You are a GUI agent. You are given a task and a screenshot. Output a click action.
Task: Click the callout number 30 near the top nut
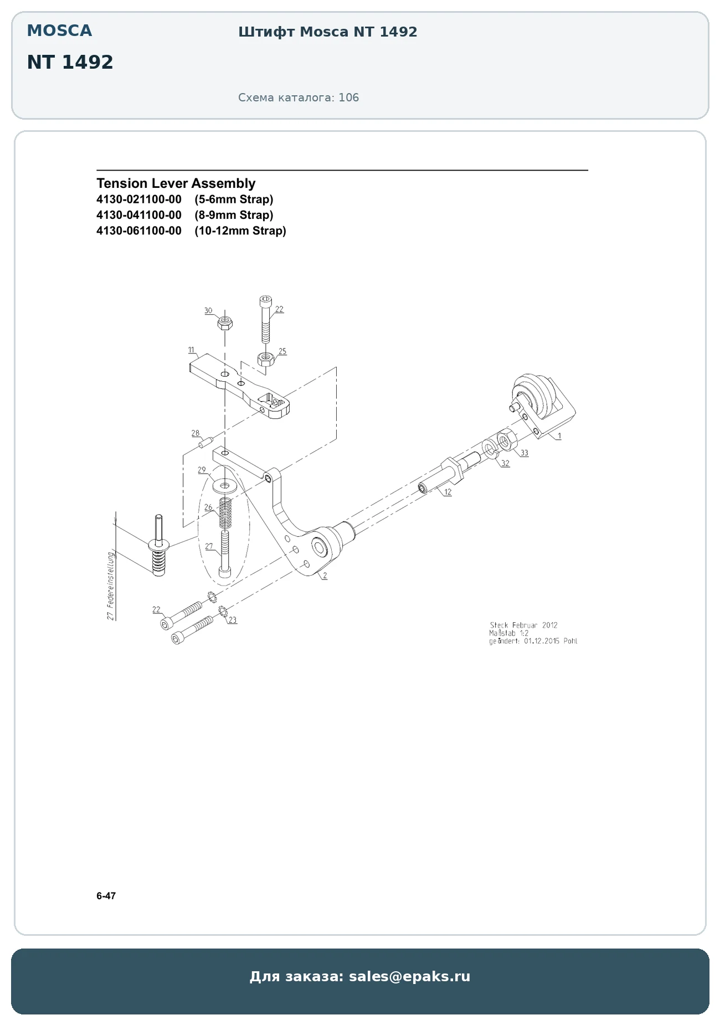pyautogui.click(x=208, y=311)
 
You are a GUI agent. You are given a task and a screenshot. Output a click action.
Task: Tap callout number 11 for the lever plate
pyautogui.click(x=191, y=350)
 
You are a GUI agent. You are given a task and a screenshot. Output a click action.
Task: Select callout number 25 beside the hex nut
pyautogui.click(x=282, y=351)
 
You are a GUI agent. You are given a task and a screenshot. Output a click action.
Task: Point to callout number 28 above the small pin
pyautogui.click(x=196, y=433)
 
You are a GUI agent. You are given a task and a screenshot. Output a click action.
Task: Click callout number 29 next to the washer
pyautogui.click(x=202, y=470)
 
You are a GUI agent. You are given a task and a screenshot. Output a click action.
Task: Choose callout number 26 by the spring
pyautogui.click(x=208, y=507)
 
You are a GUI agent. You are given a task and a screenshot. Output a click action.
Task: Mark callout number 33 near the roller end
pyautogui.click(x=524, y=453)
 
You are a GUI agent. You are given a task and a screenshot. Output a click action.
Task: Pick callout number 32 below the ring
pyautogui.click(x=505, y=463)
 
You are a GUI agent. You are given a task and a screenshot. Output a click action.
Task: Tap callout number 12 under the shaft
pyautogui.click(x=448, y=492)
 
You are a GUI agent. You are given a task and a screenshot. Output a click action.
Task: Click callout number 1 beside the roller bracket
pyautogui.click(x=559, y=436)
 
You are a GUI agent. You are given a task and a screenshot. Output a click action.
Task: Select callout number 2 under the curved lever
pyautogui.click(x=325, y=576)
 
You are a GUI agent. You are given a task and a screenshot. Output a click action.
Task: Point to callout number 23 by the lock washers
pyautogui.click(x=233, y=620)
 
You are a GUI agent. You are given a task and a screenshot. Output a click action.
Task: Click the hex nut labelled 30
pyautogui.click(x=225, y=322)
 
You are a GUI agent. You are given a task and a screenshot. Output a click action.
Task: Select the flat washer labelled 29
pyautogui.click(x=224, y=486)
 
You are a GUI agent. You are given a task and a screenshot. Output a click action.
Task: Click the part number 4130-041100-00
pyautogui.click(x=139, y=215)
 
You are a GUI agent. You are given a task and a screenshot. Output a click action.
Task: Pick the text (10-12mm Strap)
pyautogui.click(x=240, y=230)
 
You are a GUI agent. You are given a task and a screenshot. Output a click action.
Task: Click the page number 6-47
pyautogui.click(x=106, y=896)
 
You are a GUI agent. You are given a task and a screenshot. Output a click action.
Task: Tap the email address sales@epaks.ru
pyautogui.click(x=409, y=976)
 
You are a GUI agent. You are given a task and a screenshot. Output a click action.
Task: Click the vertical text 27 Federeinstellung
pyautogui.click(x=111, y=586)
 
